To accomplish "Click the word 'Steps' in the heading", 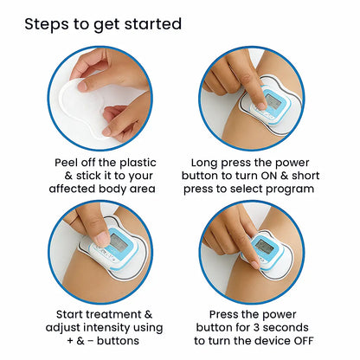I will click(47, 23).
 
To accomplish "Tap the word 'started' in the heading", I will click(151, 23).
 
